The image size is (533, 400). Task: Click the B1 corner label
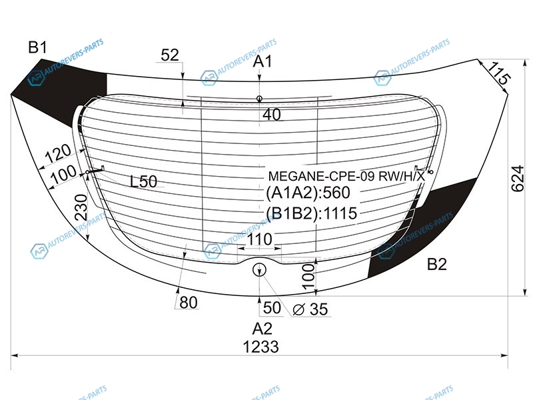[x=37, y=47]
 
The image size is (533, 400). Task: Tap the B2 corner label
[x=436, y=264]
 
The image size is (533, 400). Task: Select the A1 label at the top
[x=263, y=61]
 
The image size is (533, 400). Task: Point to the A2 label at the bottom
[x=262, y=329]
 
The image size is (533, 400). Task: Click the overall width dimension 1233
[x=261, y=347]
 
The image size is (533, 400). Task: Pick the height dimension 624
[x=518, y=179]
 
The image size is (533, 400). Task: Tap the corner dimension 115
[x=499, y=73]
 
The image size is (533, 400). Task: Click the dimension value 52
[x=170, y=55]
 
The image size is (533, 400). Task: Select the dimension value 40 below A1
[x=272, y=115]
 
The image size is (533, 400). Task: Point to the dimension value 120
[x=58, y=153]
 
